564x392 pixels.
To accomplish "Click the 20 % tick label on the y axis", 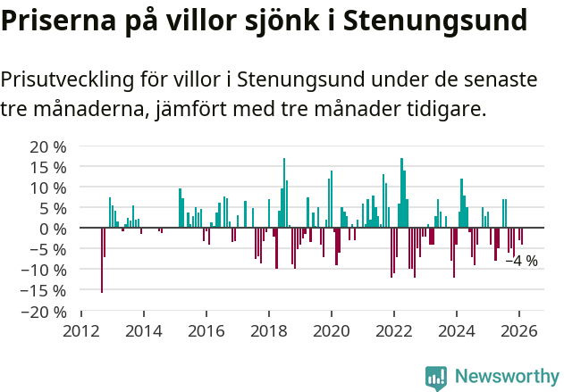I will click(47, 146).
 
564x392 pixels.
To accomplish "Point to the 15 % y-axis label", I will click(47, 167).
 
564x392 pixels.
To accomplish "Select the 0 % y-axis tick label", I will click(52, 229).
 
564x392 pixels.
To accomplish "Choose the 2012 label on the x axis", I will click(81, 330).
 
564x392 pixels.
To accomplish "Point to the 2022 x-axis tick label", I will click(394, 330).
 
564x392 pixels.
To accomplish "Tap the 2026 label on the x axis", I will click(519, 330).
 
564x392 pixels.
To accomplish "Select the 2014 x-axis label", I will click(144, 330).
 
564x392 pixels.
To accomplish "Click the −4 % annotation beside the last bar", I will click(521, 262).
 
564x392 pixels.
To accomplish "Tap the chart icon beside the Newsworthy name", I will click(436, 377).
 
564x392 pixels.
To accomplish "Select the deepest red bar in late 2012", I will click(102, 260).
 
